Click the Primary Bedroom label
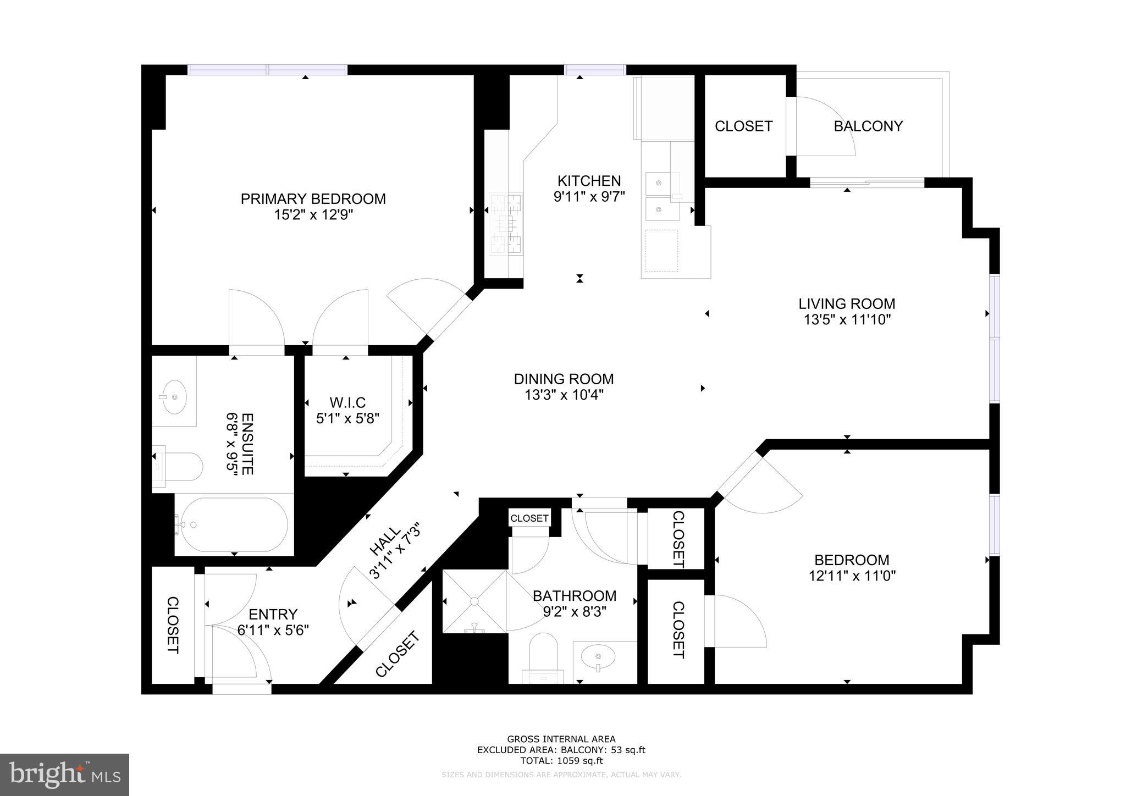click(313, 198)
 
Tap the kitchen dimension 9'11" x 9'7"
click(589, 196)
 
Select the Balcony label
click(868, 126)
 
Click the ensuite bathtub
click(234, 524)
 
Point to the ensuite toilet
click(178, 466)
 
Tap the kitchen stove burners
click(506, 223)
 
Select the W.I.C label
click(347, 402)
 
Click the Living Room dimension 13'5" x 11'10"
click(847, 319)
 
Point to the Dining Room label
click(564, 379)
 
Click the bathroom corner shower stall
click(474, 601)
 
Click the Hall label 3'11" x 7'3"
click(395, 551)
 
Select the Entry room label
click(273, 614)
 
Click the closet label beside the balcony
click(743, 126)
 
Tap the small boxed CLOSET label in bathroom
click(529, 518)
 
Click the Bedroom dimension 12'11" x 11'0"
click(852, 576)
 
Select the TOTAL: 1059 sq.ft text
click(561, 761)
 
